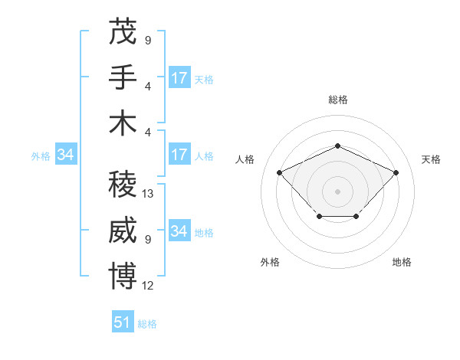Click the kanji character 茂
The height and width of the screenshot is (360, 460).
[122, 31]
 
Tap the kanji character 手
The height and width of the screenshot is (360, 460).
[122, 77]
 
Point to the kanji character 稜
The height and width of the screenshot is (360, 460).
[122, 184]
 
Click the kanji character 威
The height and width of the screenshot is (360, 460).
[122, 229]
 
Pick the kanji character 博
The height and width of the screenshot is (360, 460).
[122, 275]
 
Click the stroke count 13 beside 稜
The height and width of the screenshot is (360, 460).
[148, 194]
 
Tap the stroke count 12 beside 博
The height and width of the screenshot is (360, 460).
[148, 285]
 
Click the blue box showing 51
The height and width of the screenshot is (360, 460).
[123, 322]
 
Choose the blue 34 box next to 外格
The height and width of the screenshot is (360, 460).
[65, 155]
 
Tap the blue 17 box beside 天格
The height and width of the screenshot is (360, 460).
[179, 78]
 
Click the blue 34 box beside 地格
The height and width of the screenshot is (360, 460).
[179, 231]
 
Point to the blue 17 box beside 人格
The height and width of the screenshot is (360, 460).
[179, 155]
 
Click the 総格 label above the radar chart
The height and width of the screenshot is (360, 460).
[337, 100]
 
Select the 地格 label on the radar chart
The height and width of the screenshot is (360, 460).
[402, 262]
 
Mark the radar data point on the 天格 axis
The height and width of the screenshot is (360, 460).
[396, 172]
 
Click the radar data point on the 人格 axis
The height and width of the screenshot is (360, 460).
[280, 172]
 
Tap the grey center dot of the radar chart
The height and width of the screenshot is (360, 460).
[337, 191]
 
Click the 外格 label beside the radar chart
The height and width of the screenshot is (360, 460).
[270, 262]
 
